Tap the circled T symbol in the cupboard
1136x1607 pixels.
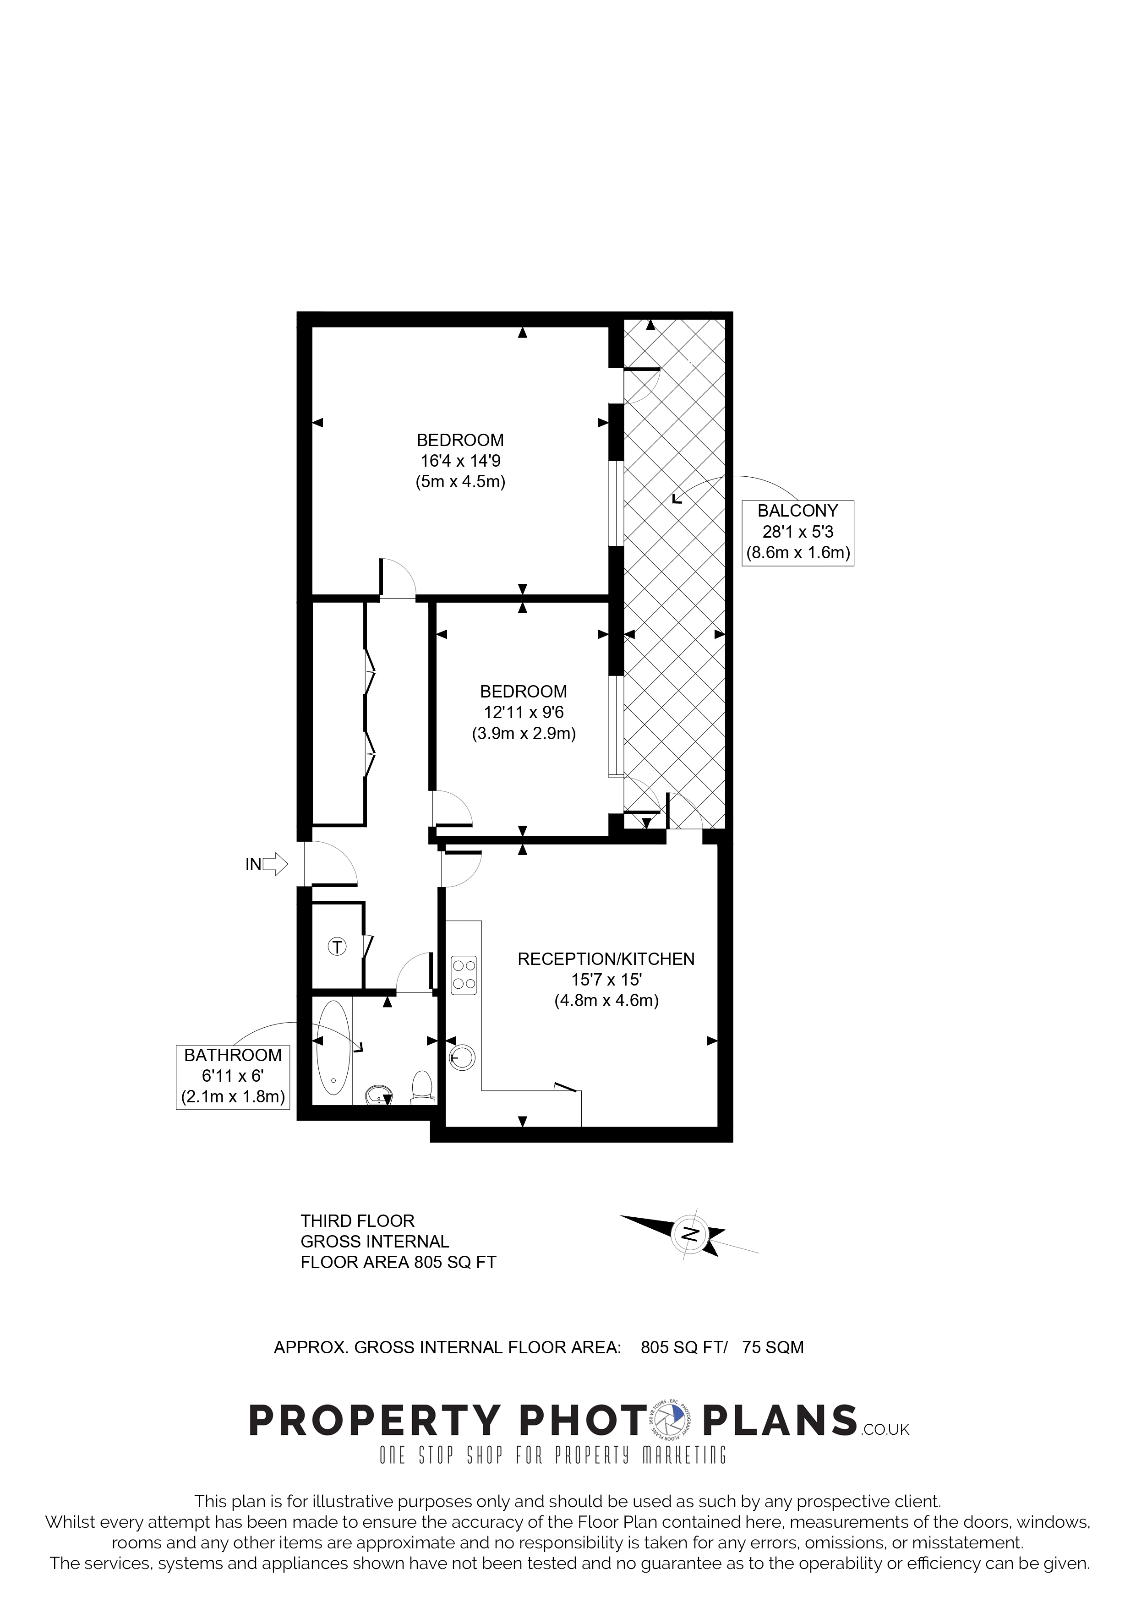point(338,947)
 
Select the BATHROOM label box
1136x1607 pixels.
point(233,1077)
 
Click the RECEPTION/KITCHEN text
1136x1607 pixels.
point(606,959)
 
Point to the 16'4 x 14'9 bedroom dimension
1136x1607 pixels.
point(460,461)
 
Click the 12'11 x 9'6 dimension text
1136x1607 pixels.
point(524,713)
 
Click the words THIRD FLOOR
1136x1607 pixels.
point(358,1220)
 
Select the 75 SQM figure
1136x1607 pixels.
point(773,1347)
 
